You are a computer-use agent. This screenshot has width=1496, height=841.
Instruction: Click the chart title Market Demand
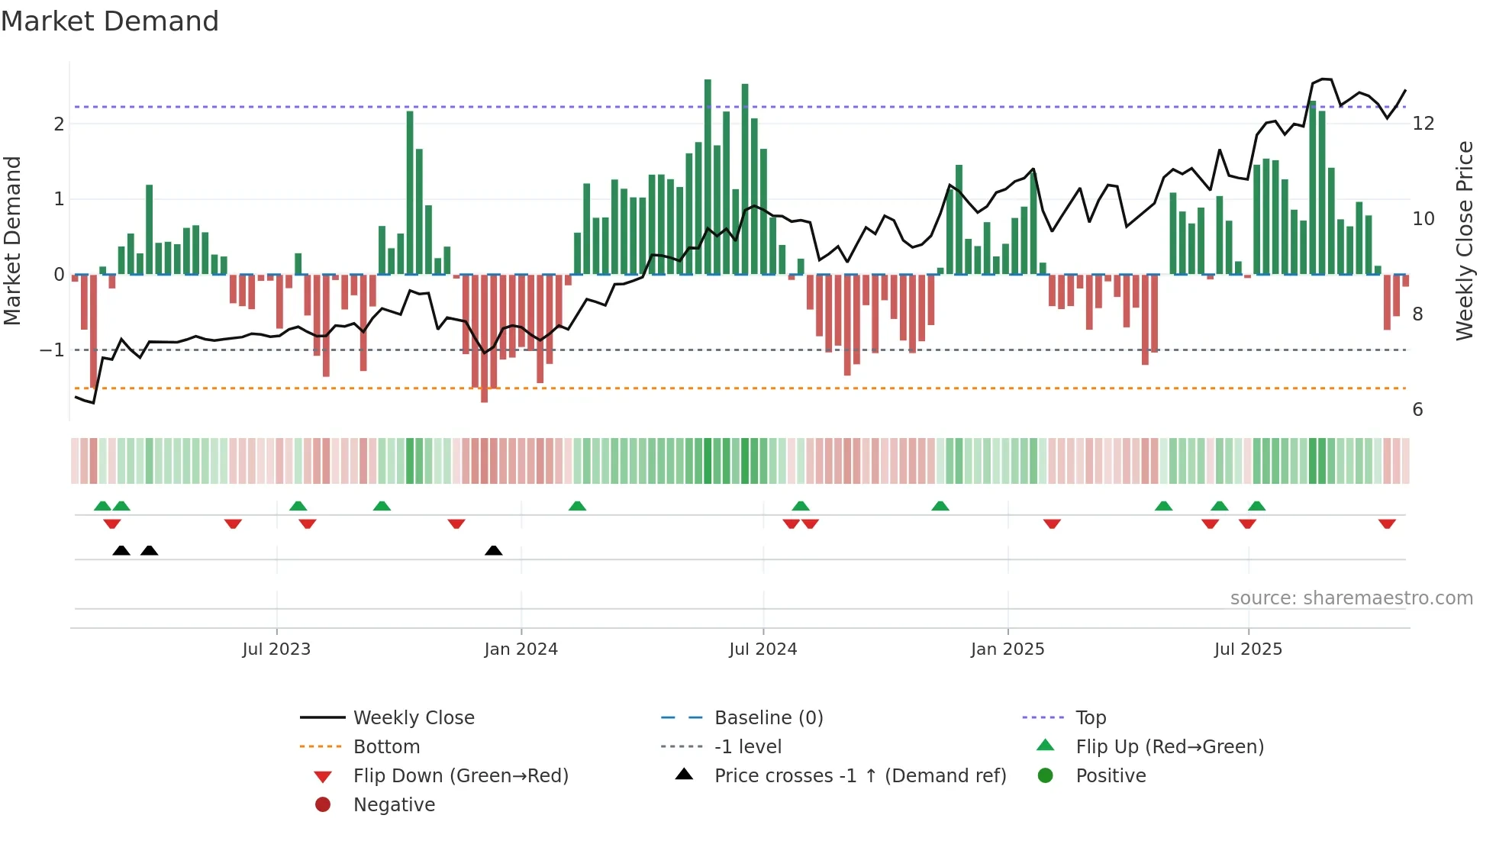pyautogui.click(x=110, y=21)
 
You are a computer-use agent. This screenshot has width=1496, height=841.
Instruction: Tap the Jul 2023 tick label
pyautogui.click(x=276, y=649)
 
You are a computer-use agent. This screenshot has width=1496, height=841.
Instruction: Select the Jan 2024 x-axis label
pyautogui.click(x=521, y=649)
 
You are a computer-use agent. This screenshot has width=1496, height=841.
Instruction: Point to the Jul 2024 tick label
pyautogui.click(x=763, y=649)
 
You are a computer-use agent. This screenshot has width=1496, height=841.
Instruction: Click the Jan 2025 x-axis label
pyautogui.click(x=1007, y=649)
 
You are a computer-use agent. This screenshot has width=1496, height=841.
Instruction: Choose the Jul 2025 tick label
pyautogui.click(x=1248, y=649)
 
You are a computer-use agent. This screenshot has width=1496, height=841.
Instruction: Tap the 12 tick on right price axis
pyautogui.click(x=1423, y=124)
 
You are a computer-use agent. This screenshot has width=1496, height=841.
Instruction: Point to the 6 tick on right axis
pyautogui.click(x=1417, y=410)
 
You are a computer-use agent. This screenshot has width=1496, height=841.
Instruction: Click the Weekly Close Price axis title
pyautogui.click(x=1464, y=240)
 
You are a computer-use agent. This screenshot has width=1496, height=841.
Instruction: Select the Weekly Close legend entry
pyautogui.click(x=413, y=718)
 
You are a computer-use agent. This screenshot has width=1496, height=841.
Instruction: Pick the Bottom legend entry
pyautogui.click(x=386, y=747)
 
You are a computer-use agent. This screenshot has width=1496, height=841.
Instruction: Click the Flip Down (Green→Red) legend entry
pyautogui.click(x=460, y=776)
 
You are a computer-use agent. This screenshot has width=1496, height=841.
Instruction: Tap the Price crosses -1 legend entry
pyautogui.click(x=859, y=776)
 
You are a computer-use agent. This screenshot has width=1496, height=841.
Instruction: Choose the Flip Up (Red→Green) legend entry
pyautogui.click(x=1169, y=747)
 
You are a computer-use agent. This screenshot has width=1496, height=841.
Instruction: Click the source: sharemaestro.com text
pyautogui.click(x=1351, y=598)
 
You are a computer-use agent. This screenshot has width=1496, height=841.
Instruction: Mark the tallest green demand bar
pyautogui.click(x=708, y=176)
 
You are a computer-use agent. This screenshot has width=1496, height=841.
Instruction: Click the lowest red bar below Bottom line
pyautogui.click(x=484, y=340)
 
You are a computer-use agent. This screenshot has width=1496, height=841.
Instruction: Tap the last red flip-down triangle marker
pyautogui.click(x=1387, y=524)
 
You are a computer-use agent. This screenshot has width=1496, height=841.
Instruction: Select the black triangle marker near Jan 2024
pyautogui.click(x=494, y=550)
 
